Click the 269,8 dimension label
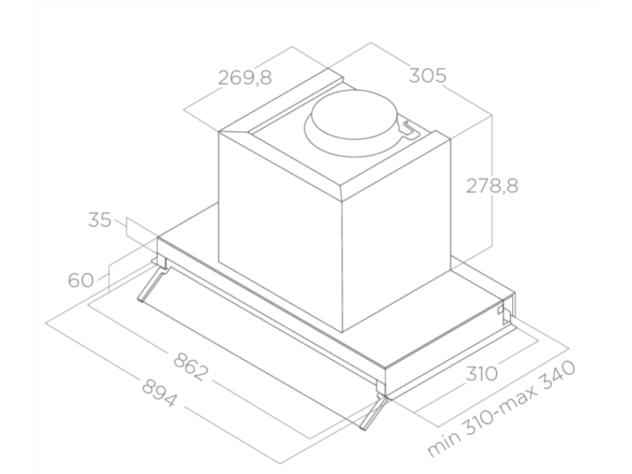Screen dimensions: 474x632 [x=245, y=78]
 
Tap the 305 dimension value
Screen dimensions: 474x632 [x=427, y=76]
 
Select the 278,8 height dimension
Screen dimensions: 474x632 [x=491, y=186]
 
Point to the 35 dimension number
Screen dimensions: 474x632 [x=99, y=220]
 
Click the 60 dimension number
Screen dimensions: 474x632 [x=81, y=280]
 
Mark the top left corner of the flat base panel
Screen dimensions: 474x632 [x=159, y=238]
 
